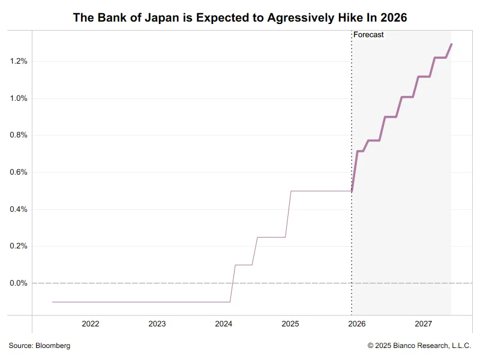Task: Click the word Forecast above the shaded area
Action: point(368,35)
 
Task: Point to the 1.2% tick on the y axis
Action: point(18,61)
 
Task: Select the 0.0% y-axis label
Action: point(18,283)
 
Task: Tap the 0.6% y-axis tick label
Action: point(18,172)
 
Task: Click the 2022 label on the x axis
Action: point(91,324)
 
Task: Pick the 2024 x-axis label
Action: point(224,324)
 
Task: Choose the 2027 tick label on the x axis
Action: point(424,324)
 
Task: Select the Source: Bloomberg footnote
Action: point(40,346)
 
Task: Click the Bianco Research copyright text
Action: point(419,346)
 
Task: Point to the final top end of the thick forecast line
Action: point(451,44)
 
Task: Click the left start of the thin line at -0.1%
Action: point(53,302)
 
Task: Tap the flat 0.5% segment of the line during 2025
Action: point(321,191)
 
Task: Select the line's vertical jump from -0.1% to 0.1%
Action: point(233,283)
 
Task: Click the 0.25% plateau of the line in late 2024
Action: point(271,237)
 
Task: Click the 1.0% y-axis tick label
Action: point(18,98)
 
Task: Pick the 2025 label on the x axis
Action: point(290,324)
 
